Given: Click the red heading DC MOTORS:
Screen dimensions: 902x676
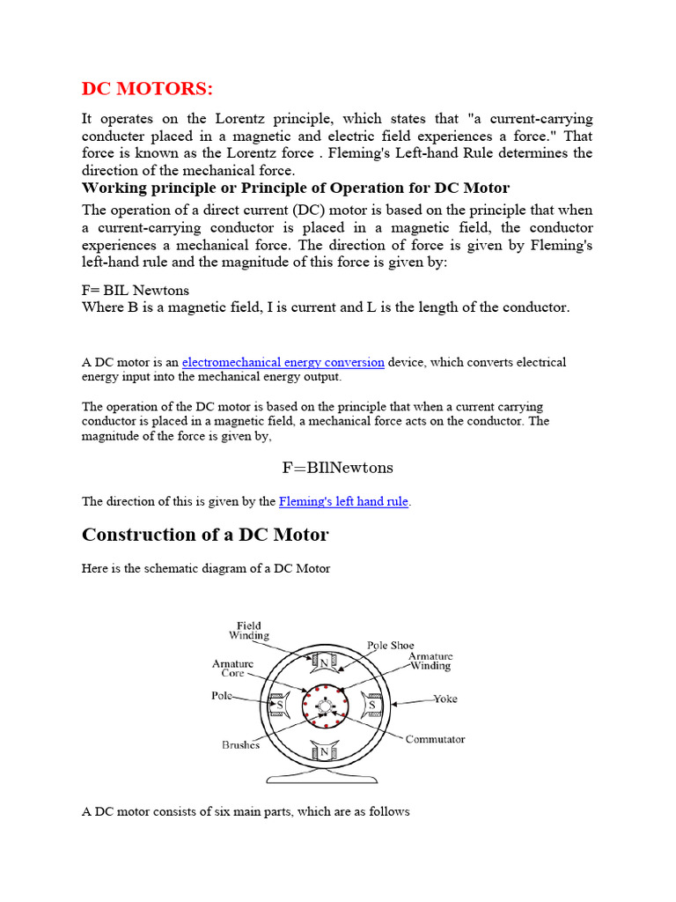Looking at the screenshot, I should (x=147, y=89).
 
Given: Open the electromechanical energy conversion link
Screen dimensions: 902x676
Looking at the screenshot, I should (x=283, y=362).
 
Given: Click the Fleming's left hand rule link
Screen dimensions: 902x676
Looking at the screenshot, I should (x=343, y=501).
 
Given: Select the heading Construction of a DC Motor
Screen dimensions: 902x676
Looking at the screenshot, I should (x=205, y=535).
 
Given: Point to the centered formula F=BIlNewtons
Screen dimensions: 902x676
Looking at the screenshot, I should (x=336, y=467).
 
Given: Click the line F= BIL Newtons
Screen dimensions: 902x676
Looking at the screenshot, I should (x=136, y=290).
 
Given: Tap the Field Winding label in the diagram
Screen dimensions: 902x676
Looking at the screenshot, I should (x=249, y=631).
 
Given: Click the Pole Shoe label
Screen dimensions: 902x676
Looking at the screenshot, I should (x=390, y=646).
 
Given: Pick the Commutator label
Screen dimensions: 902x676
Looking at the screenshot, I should (x=435, y=739).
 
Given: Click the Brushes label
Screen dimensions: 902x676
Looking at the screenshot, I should (x=240, y=744).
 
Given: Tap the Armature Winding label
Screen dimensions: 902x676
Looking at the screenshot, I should (x=430, y=662).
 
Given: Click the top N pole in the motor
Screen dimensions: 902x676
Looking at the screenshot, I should (x=324, y=662).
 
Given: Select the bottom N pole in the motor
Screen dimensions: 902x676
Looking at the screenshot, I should (x=324, y=751).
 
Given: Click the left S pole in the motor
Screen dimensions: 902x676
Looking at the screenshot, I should (x=279, y=706).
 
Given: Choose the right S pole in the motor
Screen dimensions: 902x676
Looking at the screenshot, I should (x=371, y=706).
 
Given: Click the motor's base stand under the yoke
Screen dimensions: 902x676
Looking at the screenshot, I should (x=324, y=779).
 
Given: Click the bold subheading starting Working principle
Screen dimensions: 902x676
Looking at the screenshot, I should (x=296, y=189).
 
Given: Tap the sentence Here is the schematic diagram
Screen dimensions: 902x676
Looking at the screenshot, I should (x=206, y=568).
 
